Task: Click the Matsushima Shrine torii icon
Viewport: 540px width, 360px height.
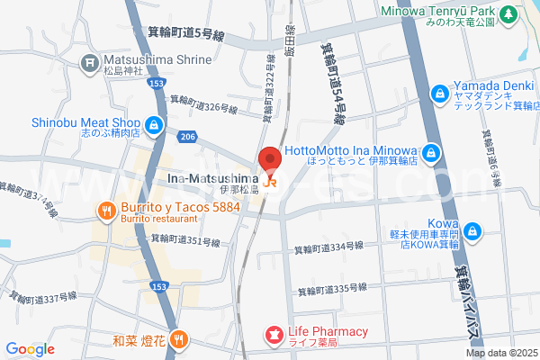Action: (x=89, y=62)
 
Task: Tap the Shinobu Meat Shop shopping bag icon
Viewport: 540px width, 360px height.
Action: (x=155, y=124)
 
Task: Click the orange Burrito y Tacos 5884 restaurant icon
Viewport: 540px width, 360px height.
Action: (x=105, y=211)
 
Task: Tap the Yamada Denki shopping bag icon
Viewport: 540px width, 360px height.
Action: (x=439, y=93)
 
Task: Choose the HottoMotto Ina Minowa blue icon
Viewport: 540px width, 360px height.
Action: (x=432, y=152)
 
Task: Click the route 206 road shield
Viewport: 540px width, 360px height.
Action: (x=187, y=137)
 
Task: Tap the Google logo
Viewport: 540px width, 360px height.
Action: (x=30, y=349)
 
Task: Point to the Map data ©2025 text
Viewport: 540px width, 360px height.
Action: (x=500, y=353)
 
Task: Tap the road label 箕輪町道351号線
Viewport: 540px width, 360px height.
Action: (x=185, y=241)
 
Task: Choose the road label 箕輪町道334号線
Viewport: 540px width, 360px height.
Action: (x=328, y=249)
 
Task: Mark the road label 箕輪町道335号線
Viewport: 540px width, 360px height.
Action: (x=331, y=288)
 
